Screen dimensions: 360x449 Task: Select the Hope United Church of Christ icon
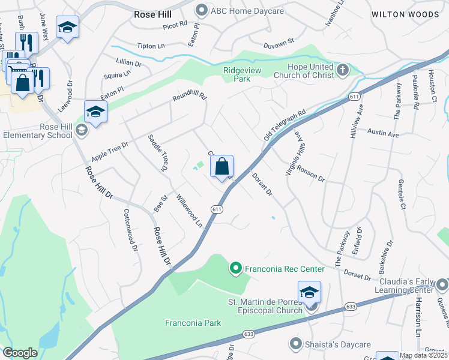tap(342, 70)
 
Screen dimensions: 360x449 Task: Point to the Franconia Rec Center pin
tap(236, 268)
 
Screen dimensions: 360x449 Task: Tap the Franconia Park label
tap(193, 323)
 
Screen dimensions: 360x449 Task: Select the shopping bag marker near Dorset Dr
tap(222, 167)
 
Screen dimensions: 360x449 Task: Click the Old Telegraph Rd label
tap(285, 125)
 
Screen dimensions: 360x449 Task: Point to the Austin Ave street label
tap(383, 134)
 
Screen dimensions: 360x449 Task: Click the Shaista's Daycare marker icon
tap(295, 344)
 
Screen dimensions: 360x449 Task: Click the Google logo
tap(20, 353)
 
